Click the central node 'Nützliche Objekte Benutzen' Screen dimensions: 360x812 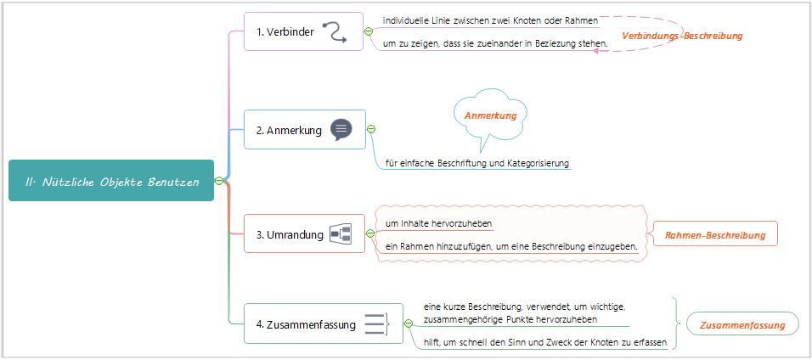click(110, 181)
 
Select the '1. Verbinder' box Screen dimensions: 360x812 click(285, 32)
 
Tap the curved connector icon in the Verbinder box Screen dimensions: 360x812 click(336, 32)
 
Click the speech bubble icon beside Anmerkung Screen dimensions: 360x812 click(341, 129)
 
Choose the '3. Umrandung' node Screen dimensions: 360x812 click(290, 235)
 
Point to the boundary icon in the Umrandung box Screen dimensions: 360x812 click(341, 234)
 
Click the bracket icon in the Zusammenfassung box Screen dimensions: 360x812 click(375, 323)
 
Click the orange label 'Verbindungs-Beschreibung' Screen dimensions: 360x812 click(682, 36)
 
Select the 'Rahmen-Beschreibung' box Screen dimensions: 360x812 click(713, 234)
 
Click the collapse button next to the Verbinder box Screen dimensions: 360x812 click(369, 31)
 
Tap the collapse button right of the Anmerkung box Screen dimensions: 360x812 click(371, 129)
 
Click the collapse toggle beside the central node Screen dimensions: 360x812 click(219, 180)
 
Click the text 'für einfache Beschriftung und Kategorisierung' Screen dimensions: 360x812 click(476, 163)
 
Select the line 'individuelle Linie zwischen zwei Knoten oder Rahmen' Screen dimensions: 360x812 click(490, 20)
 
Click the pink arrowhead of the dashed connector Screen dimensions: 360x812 click(597, 51)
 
